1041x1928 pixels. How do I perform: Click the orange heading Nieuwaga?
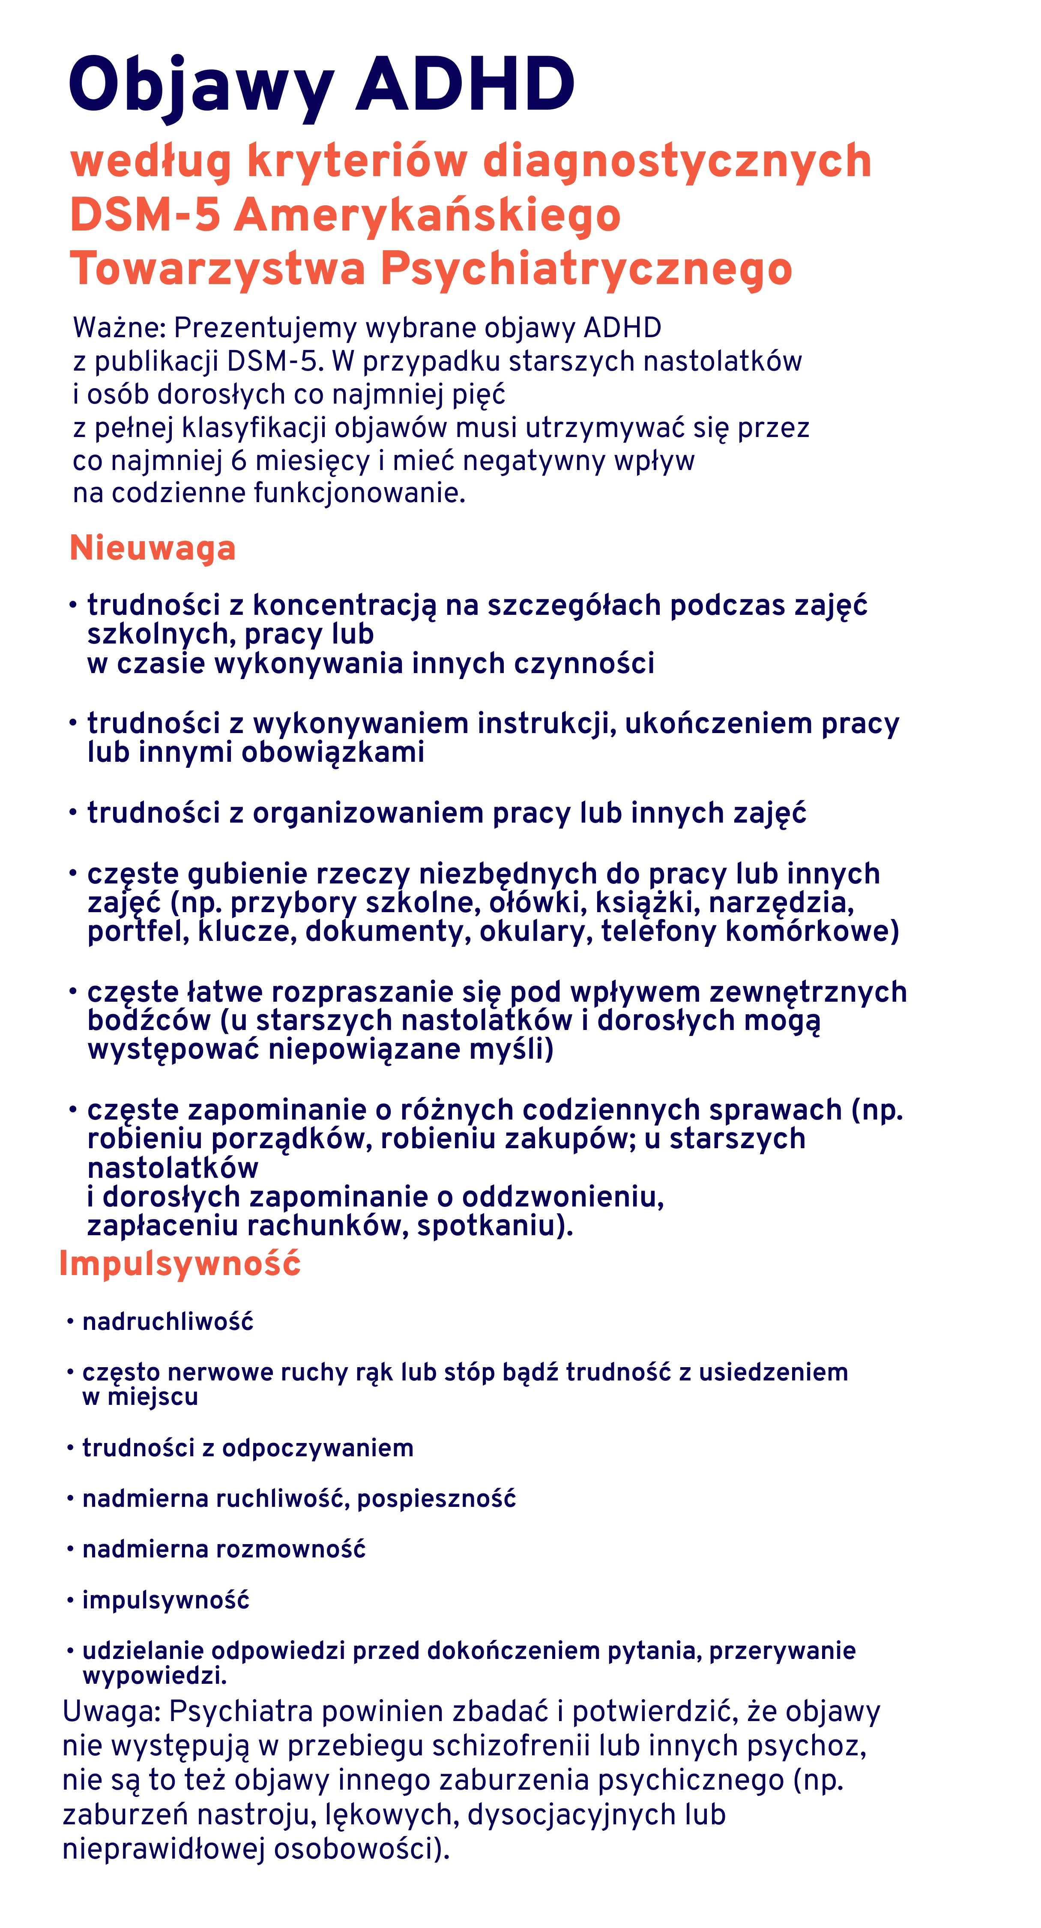[153, 548]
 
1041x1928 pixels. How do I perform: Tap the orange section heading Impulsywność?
[179, 1263]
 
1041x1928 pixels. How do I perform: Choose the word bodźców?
[149, 1021]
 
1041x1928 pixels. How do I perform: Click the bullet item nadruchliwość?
[168, 1322]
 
